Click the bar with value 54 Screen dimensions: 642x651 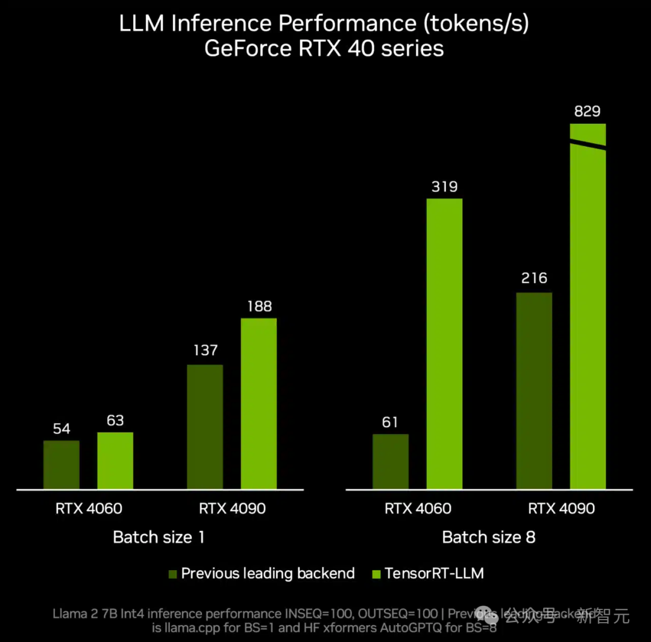[61, 465]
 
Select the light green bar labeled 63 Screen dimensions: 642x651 [115, 460]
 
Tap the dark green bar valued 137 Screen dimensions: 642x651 [205, 427]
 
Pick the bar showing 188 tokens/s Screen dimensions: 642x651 [259, 403]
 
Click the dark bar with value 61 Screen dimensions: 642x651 [391, 462]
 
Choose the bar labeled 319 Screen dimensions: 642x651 [444, 343]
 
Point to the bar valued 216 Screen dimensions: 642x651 [534, 390]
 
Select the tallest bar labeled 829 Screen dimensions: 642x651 [588, 320]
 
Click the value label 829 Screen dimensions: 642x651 [588, 112]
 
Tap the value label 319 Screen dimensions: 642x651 [444, 186]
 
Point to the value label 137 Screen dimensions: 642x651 [205, 351]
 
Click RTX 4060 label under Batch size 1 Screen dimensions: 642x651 [89, 509]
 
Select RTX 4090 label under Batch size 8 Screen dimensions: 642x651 [561, 509]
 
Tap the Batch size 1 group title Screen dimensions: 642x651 [159, 537]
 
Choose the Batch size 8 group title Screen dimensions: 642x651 [488, 537]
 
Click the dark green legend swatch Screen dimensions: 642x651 [172, 574]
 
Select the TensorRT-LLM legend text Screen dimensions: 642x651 [434, 573]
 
